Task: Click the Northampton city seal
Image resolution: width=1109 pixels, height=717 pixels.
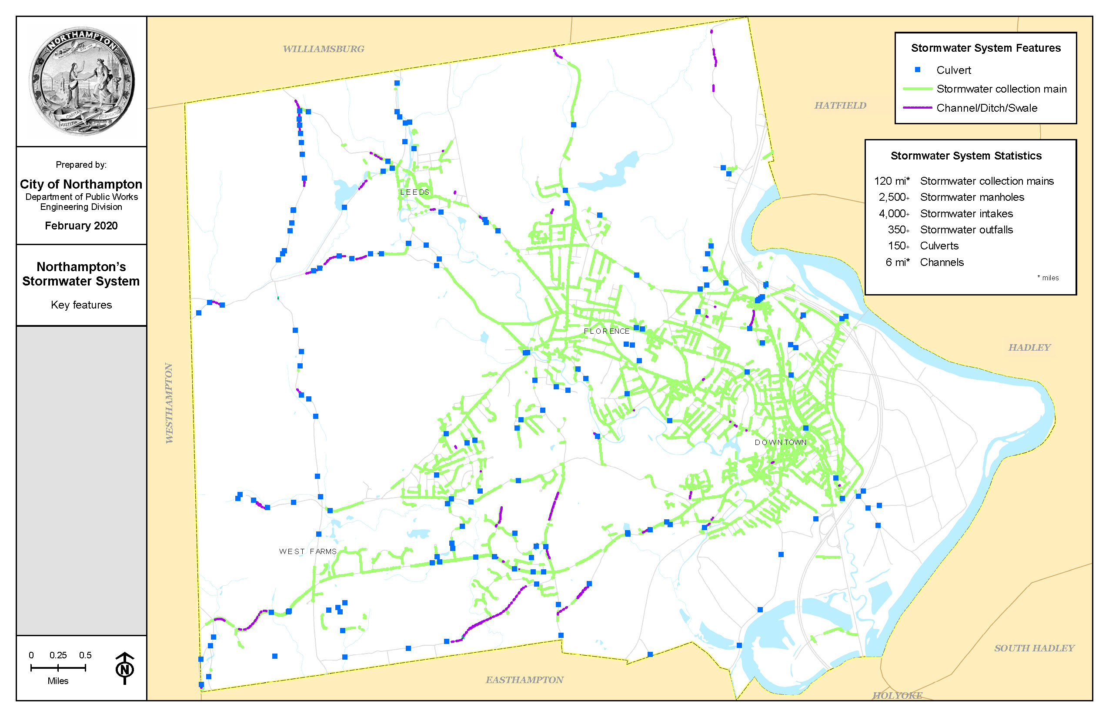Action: click(82, 81)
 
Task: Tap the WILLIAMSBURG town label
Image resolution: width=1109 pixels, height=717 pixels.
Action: click(324, 49)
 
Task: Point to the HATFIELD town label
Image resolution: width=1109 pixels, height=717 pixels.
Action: click(840, 106)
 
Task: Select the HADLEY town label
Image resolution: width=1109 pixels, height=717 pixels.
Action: click(1029, 347)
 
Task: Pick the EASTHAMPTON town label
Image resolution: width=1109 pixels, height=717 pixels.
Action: click(524, 680)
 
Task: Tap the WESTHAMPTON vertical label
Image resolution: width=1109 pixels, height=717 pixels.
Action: click(169, 403)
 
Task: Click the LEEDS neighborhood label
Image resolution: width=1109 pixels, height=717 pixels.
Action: click(414, 192)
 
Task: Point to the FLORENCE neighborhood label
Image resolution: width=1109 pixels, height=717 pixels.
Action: click(606, 331)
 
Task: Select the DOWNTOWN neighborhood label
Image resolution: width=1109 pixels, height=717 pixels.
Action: click(780, 442)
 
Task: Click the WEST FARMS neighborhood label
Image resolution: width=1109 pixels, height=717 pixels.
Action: click(307, 551)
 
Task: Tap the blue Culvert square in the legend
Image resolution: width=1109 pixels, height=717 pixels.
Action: click(917, 70)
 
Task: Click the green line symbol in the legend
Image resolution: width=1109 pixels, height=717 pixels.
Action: click(917, 89)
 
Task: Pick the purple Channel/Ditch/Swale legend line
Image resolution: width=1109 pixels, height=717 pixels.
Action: click(917, 108)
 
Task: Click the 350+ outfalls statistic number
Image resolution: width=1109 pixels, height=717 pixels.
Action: click(898, 229)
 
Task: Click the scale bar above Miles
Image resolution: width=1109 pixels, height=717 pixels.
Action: click(58, 667)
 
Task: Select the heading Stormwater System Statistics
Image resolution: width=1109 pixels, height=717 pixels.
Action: click(965, 156)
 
